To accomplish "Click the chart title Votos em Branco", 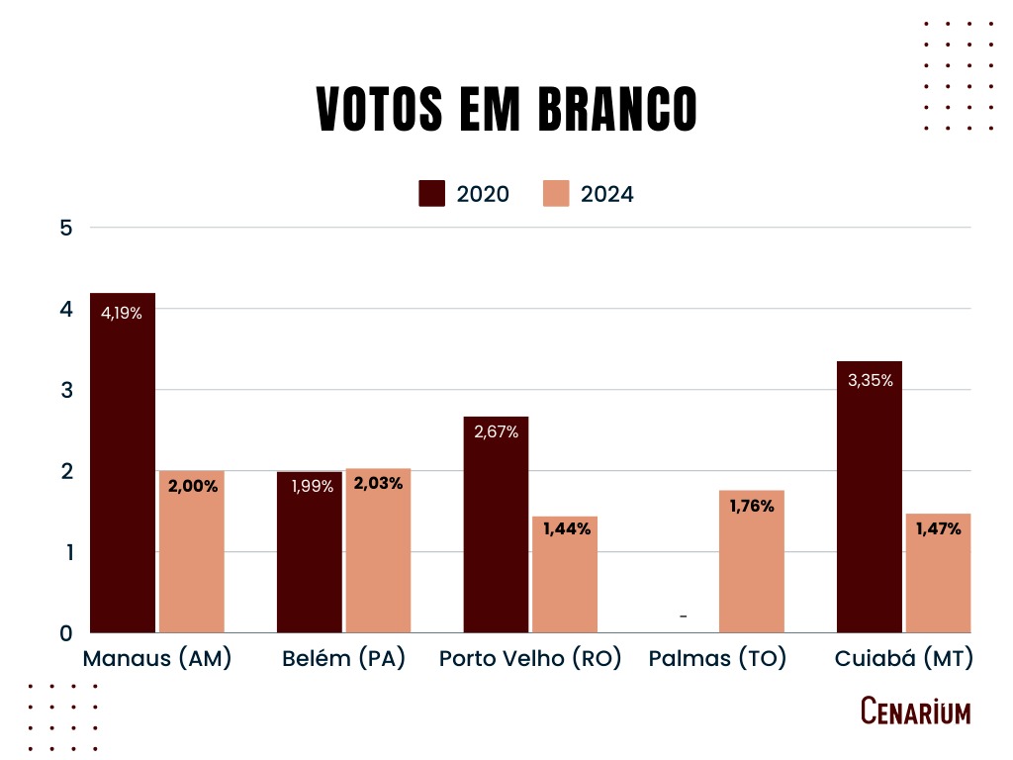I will pyautogui.click(x=506, y=109).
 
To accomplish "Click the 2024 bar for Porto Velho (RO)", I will pyautogui.click(x=565, y=574).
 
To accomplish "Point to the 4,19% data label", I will pyautogui.click(x=122, y=314).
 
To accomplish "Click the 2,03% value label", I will pyautogui.click(x=378, y=485).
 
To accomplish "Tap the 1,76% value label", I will pyautogui.click(x=752, y=507).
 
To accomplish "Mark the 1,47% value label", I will pyautogui.click(x=938, y=528).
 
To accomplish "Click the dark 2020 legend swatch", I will pyautogui.click(x=432, y=193).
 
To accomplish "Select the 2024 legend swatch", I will pyautogui.click(x=557, y=193).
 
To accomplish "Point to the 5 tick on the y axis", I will pyautogui.click(x=67, y=228).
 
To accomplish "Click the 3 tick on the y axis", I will pyautogui.click(x=67, y=390).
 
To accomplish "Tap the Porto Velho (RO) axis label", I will pyautogui.click(x=530, y=659).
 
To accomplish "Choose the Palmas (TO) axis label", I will pyautogui.click(x=717, y=659).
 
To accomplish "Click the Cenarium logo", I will pyautogui.click(x=915, y=711).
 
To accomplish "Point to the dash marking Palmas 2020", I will pyautogui.click(x=684, y=617).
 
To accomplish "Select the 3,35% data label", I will pyautogui.click(x=870, y=380).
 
